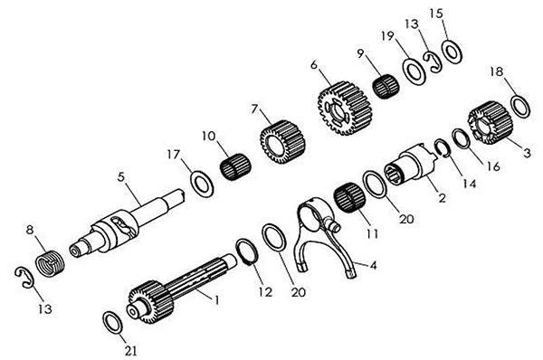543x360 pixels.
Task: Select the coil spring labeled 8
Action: coord(50,264)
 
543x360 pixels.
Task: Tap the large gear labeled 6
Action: coord(345,108)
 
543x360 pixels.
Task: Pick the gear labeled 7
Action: coord(283,142)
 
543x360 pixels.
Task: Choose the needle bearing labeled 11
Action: coord(349,197)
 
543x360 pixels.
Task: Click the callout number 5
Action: coord(120,177)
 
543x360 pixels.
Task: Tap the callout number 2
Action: coord(442,198)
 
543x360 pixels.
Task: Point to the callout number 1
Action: coord(216,299)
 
